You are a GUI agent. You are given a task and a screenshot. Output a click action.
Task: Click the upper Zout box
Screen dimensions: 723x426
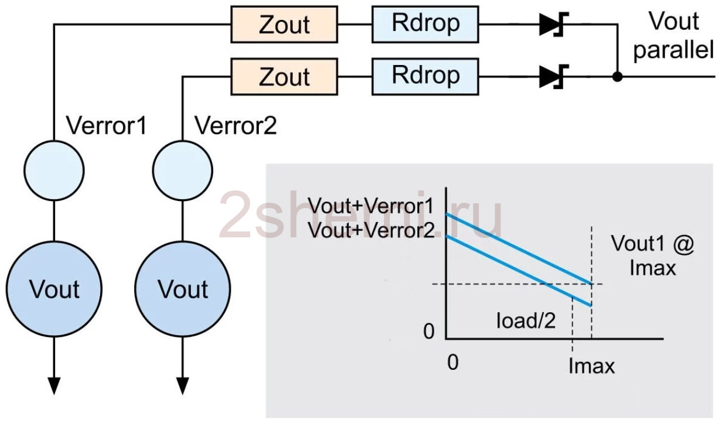tap(284, 24)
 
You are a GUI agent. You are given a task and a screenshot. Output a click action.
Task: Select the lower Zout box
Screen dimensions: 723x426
tap(284, 77)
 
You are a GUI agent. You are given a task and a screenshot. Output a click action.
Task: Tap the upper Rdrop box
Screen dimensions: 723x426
tap(425, 24)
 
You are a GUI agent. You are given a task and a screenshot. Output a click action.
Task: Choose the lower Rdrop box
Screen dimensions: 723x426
tap(425, 77)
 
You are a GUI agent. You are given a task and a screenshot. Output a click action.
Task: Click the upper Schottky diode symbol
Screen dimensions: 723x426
tap(553, 24)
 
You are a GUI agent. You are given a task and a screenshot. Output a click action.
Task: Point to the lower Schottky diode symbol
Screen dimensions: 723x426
tap(553, 77)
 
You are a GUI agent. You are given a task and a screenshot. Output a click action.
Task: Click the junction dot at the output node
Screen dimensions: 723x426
tap(617, 77)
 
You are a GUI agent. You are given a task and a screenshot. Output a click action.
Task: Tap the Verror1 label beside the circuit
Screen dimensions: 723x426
tap(107, 125)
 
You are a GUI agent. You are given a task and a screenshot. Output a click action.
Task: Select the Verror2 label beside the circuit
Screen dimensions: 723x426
tap(235, 125)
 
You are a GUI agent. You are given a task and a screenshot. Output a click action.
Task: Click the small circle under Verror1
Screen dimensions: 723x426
tap(54, 170)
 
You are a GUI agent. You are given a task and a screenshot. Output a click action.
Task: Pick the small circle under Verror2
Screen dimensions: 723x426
tap(183, 170)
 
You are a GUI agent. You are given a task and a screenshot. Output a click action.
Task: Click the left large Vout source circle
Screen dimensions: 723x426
tap(54, 289)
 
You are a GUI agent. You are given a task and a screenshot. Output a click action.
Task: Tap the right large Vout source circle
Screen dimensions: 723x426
tap(183, 289)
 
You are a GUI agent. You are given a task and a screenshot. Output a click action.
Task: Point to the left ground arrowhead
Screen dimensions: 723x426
tap(54, 386)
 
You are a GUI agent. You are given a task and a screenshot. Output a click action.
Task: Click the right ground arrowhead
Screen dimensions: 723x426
tap(183, 386)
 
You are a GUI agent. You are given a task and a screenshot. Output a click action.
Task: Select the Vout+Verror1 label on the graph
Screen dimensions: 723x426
tap(370, 206)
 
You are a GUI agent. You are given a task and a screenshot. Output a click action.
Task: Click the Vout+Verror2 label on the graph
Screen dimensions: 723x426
tap(371, 230)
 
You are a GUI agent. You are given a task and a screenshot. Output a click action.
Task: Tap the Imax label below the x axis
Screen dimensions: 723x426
tap(591, 366)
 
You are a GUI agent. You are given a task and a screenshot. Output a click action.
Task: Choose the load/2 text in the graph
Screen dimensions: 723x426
tap(526, 321)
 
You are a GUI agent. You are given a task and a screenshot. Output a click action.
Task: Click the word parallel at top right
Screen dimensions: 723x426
tap(673, 50)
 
